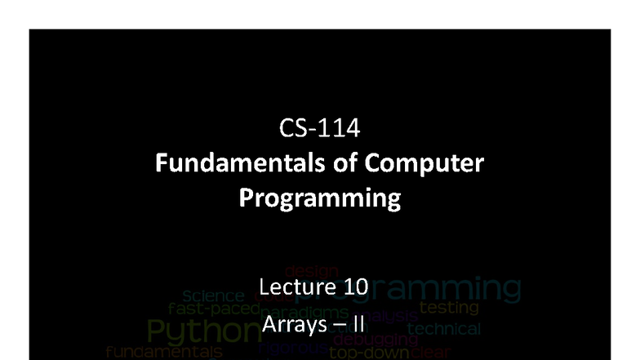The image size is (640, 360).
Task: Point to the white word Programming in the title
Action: tap(319, 198)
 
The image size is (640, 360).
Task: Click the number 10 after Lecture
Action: tap(354, 287)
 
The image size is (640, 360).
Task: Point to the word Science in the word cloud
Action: tap(213, 296)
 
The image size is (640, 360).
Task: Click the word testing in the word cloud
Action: tap(448, 309)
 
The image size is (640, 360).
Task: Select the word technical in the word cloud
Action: tap(444, 329)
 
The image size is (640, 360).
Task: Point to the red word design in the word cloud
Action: tap(306, 270)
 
